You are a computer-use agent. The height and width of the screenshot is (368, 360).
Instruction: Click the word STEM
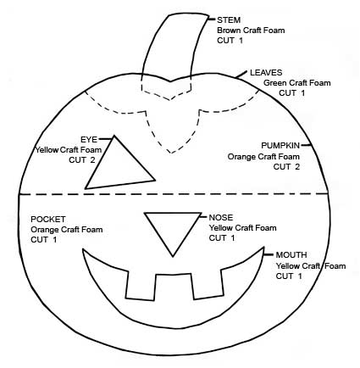(229, 20)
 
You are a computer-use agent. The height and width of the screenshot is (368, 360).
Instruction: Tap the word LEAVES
(266, 73)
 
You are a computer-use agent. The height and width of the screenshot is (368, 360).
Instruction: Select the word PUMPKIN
(280, 146)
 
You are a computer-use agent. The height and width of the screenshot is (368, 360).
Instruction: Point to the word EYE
(89, 140)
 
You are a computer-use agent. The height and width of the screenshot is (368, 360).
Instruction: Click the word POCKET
(48, 220)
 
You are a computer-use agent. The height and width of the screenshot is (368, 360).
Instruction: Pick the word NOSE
(221, 218)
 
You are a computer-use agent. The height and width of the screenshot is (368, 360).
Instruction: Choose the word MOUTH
(291, 255)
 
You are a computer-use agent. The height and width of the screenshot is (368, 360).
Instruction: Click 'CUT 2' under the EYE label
(82, 160)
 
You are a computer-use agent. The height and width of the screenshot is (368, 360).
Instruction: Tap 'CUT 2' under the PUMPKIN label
(286, 167)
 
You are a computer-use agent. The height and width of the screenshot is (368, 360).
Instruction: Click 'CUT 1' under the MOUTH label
(289, 276)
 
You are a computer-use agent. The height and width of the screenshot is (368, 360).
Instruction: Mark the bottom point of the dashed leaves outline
(171, 153)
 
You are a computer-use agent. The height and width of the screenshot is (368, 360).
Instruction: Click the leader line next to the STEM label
(212, 19)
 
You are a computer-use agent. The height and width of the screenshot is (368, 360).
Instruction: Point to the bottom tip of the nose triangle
(173, 257)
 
